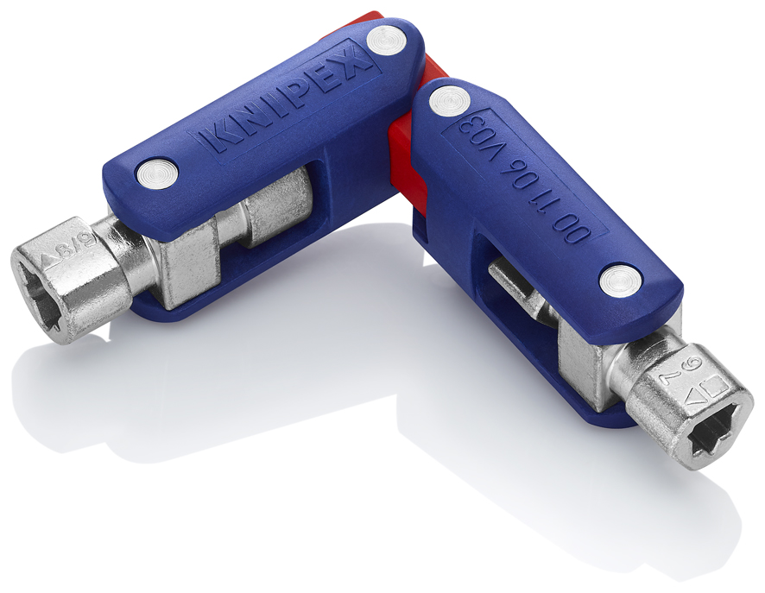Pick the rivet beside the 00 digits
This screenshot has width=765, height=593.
coord(619,280)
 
